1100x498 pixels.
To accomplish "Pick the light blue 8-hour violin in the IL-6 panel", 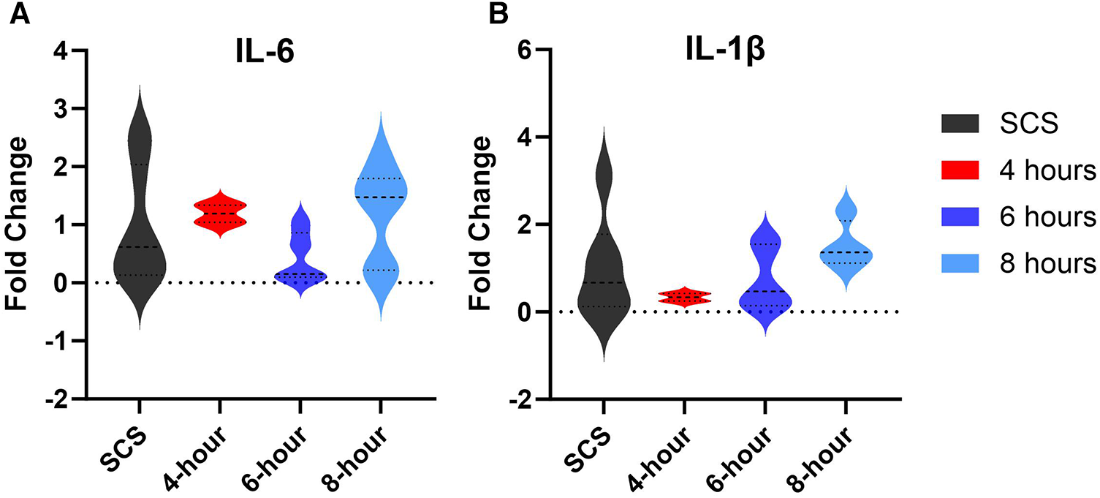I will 382,197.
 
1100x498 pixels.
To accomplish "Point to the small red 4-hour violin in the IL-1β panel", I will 684,297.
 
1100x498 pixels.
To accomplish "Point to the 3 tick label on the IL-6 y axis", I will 63,108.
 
